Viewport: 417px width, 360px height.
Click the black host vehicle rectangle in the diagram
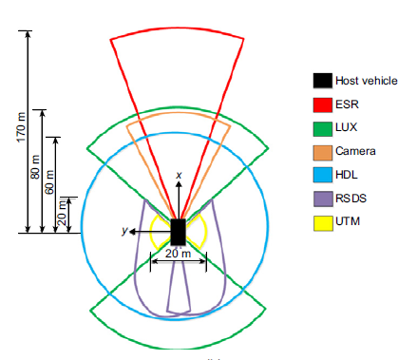[x=178, y=232]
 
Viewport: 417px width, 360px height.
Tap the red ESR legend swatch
[x=323, y=104]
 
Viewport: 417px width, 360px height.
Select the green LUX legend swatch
[x=323, y=128]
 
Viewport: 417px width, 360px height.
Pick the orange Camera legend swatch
[x=323, y=152]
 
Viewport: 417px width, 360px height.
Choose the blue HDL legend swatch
[x=323, y=175]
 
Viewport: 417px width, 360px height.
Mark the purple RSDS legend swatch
[x=323, y=199]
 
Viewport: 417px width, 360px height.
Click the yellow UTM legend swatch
[x=323, y=223]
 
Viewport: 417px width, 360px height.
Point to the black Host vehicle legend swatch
[x=323, y=81]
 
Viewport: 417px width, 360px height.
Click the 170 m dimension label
[x=21, y=127]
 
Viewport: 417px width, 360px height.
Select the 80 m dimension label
[x=35, y=167]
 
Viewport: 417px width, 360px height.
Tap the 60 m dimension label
[x=49, y=182]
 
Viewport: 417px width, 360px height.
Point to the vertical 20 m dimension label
[x=63, y=212]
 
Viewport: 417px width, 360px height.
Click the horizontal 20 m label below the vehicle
[x=178, y=254]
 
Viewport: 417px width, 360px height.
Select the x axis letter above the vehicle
[x=179, y=175]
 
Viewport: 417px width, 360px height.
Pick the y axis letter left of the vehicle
[x=125, y=231]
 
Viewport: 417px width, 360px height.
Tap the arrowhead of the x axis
[x=179, y=183]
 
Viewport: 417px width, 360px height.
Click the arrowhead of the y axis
[x=133, y=232]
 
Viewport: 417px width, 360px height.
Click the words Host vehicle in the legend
[x=367, y=81]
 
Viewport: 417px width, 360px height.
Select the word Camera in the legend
[x=355, y=151]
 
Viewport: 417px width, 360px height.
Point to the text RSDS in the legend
[x=351, y=199]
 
